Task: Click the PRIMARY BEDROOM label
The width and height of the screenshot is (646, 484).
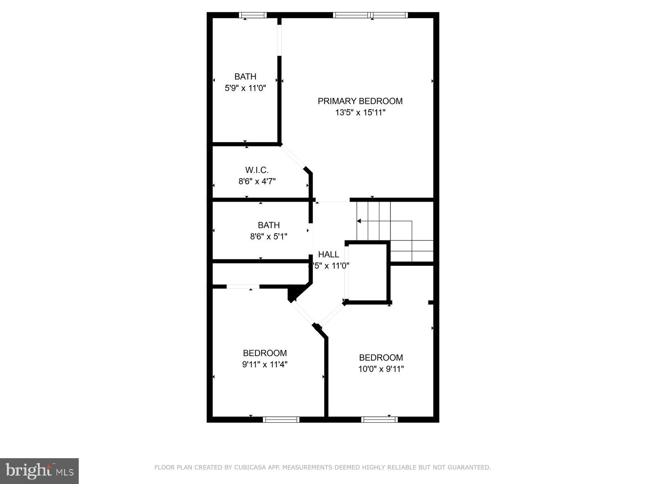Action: click(x=360, y=101)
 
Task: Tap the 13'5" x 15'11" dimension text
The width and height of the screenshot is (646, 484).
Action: click(x=360, y=113)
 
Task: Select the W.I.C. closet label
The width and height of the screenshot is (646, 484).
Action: click(x=257, y=170)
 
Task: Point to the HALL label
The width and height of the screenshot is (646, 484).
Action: click(x=329, y=255)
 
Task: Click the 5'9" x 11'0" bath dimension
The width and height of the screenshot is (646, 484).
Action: click(x=245, y=88)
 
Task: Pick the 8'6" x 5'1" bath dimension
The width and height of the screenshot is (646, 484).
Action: click(x=268, y=236)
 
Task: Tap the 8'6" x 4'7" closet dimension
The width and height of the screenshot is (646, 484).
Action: click(x=257, y=181)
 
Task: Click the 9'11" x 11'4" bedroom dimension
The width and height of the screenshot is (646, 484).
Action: click(x=265, y=365)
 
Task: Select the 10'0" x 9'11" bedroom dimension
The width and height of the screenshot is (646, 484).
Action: click(x=381, y=369)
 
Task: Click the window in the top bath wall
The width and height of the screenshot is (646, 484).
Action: click(x=253, y=15)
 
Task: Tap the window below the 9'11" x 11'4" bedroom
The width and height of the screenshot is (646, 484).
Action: click(x=281, y=419)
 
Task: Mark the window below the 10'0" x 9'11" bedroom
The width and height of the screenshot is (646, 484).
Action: click(x=379, y=419)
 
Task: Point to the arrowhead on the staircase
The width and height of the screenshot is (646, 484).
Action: click(x=359, y=221)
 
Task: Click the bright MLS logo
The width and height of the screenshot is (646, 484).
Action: click(x=40, y=470)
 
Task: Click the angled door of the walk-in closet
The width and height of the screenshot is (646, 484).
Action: click(x=293, y=157)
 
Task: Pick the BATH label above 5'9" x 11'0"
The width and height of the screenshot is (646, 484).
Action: click(x=245, y=77)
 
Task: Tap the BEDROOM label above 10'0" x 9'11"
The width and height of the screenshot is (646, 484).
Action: click(x=381, y=357)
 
